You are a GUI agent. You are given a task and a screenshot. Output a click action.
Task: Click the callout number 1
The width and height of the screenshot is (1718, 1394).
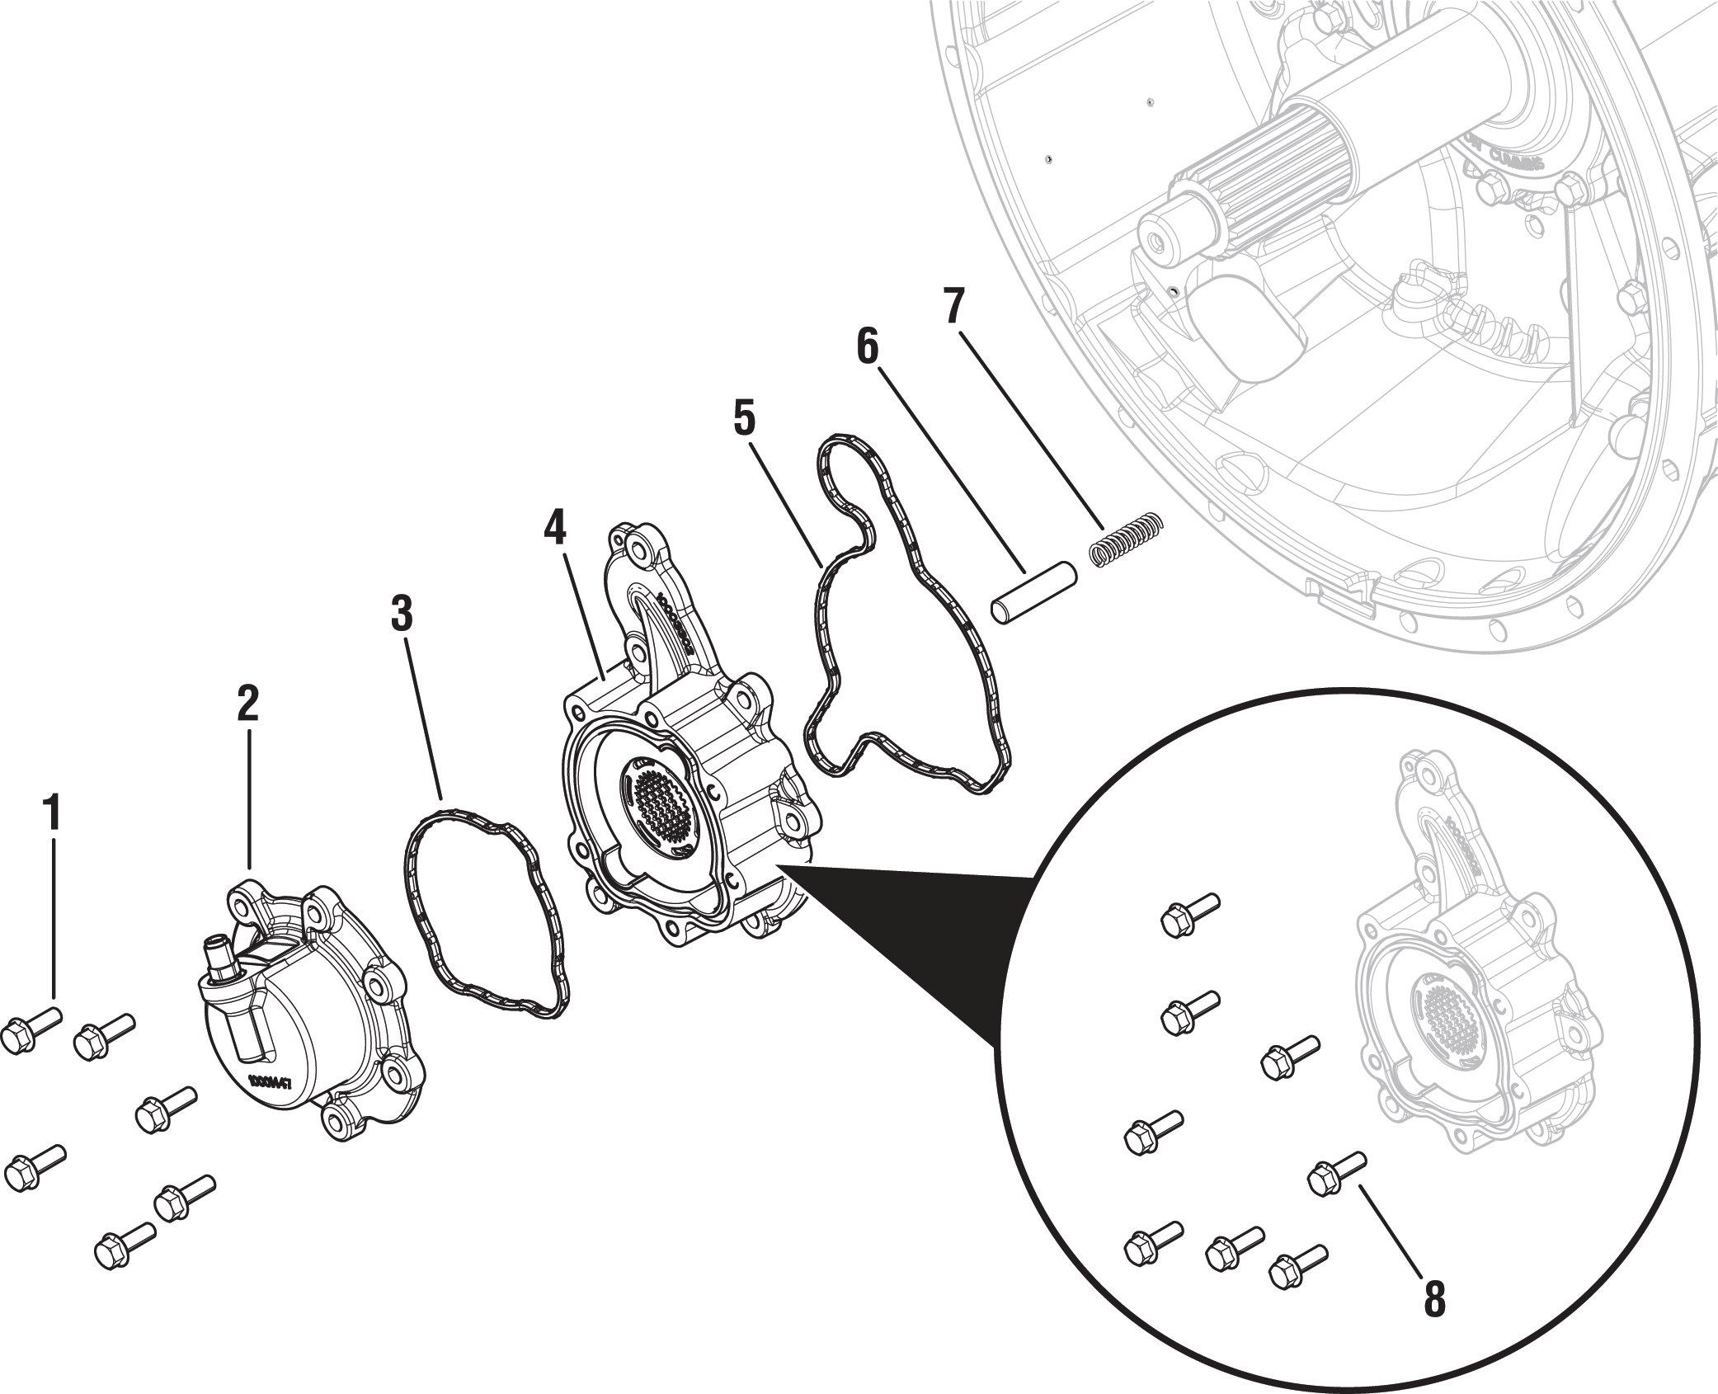(x=52, y=813)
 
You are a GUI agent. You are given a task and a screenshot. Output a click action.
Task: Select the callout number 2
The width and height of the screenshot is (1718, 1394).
(x=247, y=703)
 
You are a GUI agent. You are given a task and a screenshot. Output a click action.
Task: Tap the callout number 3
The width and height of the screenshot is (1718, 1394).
(x=401, y=614)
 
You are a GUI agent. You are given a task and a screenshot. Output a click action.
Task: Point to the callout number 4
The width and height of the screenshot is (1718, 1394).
(x=555, y=527)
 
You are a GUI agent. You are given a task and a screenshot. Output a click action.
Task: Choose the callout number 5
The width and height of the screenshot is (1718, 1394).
(x=744, y=418)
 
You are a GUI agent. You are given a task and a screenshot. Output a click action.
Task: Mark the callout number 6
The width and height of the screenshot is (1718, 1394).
(x=868, y=346)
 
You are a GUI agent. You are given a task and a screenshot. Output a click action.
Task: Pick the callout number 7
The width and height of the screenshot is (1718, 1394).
(x=954, y=306)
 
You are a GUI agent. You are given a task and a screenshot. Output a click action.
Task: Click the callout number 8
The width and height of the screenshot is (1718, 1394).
(x=1434, y=1299)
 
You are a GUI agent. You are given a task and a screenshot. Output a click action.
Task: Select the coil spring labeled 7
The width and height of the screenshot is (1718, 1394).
(x=1126, y=540)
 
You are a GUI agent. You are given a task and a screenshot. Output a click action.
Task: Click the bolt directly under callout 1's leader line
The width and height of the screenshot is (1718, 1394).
(x=31, y=1028)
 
